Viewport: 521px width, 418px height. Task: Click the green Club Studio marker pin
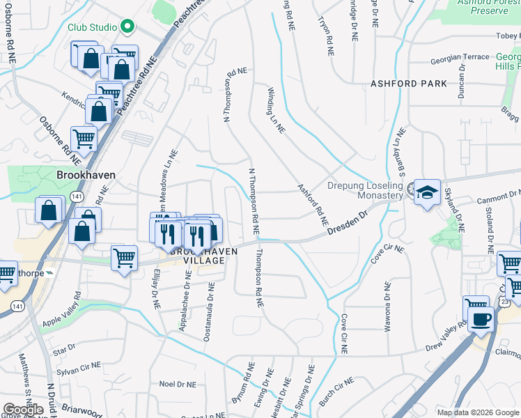(127, 27)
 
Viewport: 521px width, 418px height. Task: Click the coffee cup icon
(480, 319)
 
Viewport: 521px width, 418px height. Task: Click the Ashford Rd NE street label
(313, 204)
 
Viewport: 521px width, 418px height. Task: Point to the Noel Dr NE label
(176, 384)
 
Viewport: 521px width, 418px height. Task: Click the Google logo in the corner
(22, 410)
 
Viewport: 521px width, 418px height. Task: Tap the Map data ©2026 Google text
(478, 412)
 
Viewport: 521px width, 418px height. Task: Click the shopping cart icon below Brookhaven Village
(125, 258)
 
